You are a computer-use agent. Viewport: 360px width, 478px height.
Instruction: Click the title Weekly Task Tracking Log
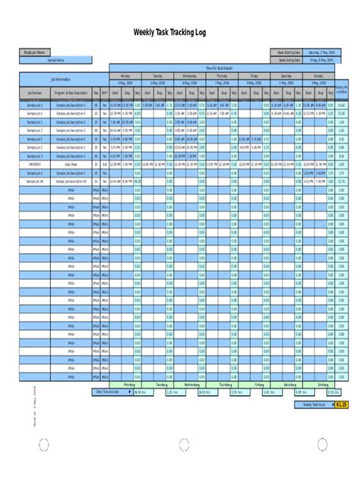(180, 33)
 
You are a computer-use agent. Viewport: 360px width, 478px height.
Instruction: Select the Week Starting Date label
(286, 52)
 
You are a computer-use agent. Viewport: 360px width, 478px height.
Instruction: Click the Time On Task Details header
(225, 68)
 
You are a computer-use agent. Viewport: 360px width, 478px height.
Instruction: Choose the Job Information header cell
(65, 78)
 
